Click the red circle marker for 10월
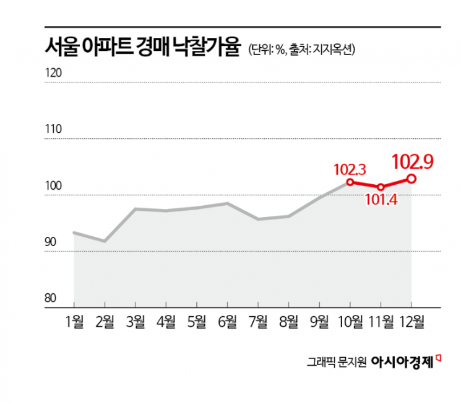coord(350,182)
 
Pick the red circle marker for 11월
coord(381,187)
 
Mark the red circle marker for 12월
coord(411,179)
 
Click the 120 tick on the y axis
coord(54,73)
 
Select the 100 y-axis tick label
coord(54,187)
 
